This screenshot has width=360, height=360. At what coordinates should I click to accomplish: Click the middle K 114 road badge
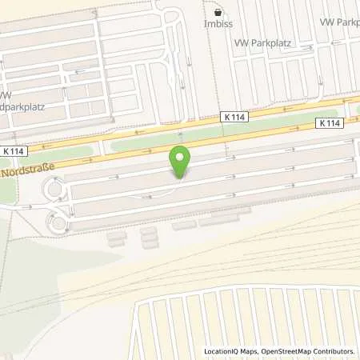(234, 118)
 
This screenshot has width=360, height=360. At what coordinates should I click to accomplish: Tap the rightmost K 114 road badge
(331, 123)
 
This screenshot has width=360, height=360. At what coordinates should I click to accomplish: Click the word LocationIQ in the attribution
(222, 351)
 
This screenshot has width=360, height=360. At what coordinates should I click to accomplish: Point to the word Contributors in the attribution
(334, 351)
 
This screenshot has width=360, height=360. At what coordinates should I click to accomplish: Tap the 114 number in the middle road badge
(238, 118)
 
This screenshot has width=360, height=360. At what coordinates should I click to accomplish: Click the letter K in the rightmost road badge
(322, 123)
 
